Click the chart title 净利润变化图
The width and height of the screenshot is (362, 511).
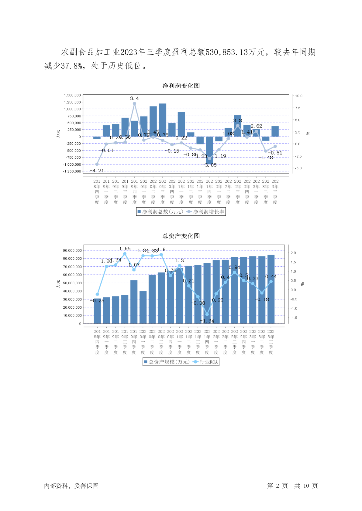tap(181, 86)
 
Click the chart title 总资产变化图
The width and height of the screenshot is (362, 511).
tap(181, 236)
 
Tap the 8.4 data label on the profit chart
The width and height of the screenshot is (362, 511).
tap(134, 98)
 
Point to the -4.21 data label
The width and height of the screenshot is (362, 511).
tap(97, 171)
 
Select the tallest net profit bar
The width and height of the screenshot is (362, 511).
tap(163, 120)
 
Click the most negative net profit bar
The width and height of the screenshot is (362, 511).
tap(209, 150)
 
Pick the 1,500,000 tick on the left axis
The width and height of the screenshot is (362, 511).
tap(72, 95)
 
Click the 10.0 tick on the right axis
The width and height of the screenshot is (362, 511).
tap(299, 96)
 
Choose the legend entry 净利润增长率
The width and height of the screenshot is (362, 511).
tap(209, 212)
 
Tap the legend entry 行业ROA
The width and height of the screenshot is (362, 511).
tap(209, 362)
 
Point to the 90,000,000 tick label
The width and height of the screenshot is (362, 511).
tap(72, 251)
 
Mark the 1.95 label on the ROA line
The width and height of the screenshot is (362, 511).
tap(125, 249)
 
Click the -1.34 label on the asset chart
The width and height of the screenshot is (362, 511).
tap(207, 321)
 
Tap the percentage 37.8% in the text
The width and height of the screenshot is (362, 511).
tap(72, 66)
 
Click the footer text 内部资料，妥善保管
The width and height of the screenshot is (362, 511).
tap(71, 486)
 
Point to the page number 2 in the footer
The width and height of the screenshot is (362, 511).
tap(278, 486)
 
